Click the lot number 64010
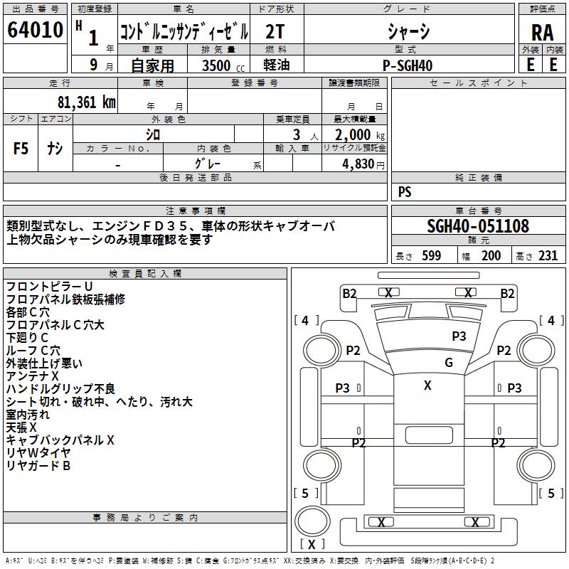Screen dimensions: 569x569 pos(35,30)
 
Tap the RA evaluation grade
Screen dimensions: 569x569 pos(542,33)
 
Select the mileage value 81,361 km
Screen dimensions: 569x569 pos(86,102)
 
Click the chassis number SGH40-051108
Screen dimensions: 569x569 pos(478,226)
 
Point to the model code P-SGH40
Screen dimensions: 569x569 pos(408,65)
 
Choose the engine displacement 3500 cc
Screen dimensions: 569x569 pos(223,65)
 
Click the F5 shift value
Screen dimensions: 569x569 pos(21,149)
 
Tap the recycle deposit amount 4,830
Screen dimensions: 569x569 pos(363,164)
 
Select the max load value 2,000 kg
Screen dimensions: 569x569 pos(360,135)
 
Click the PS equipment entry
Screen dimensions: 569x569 pos(405,192)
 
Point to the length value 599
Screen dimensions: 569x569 pos(432,255)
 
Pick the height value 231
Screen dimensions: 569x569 pos(548,255)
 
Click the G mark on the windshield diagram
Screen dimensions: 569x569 pos(449,362)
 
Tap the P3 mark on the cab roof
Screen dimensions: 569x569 pos(459,336)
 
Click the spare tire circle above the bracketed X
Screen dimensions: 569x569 pos(312,521)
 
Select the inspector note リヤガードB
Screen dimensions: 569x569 pos(38,466)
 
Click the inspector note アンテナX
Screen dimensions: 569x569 pos(32,376)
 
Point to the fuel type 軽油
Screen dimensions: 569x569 pos(276,65)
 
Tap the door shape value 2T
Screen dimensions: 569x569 pos(275,32)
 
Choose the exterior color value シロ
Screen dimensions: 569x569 pos(153,135)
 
